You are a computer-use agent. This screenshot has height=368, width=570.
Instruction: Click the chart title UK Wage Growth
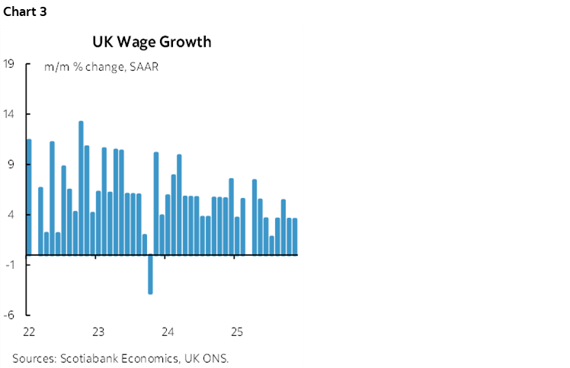click(x=152, y=42)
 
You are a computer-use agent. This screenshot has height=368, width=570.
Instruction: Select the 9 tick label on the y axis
click(x=11, y=165)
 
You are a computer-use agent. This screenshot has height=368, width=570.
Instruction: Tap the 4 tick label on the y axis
click(x=11, y=215)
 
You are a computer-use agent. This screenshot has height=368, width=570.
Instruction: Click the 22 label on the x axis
click(x=29, y=332)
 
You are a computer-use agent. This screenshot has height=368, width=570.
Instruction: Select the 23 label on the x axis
click(x=98, y=332)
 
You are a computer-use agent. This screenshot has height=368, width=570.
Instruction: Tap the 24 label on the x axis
click(x=168, y=332)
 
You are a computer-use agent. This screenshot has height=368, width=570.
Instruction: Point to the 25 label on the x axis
click(x=236, y=332)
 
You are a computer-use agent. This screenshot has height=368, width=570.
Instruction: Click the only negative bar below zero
click(x=150, y=274)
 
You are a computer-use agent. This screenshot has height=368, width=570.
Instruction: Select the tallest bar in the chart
click(x=81, y=187)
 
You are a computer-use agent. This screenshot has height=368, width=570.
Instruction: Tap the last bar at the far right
click(x=294, y=236)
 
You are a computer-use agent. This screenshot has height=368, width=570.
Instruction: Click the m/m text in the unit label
click(x=56, y=67)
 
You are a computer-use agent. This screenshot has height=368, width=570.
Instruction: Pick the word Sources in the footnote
click(x=34, y=357)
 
